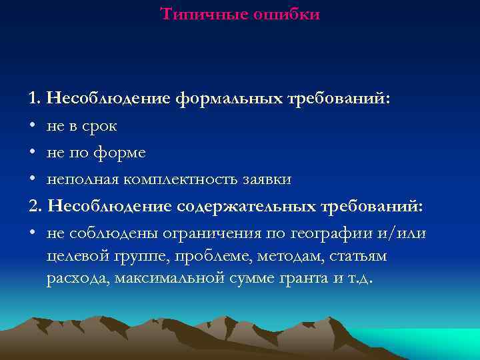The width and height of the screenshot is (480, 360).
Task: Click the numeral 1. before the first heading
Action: pos(35,99)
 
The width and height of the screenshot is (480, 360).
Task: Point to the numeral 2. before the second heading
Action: pos(36,206)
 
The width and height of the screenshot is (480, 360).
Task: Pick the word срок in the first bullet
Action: pos(99,127)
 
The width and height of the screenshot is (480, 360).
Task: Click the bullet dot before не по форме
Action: pos(33,153)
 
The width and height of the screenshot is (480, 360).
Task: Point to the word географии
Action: pos(341,233)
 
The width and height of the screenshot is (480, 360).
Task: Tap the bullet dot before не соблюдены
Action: pos(33,233)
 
